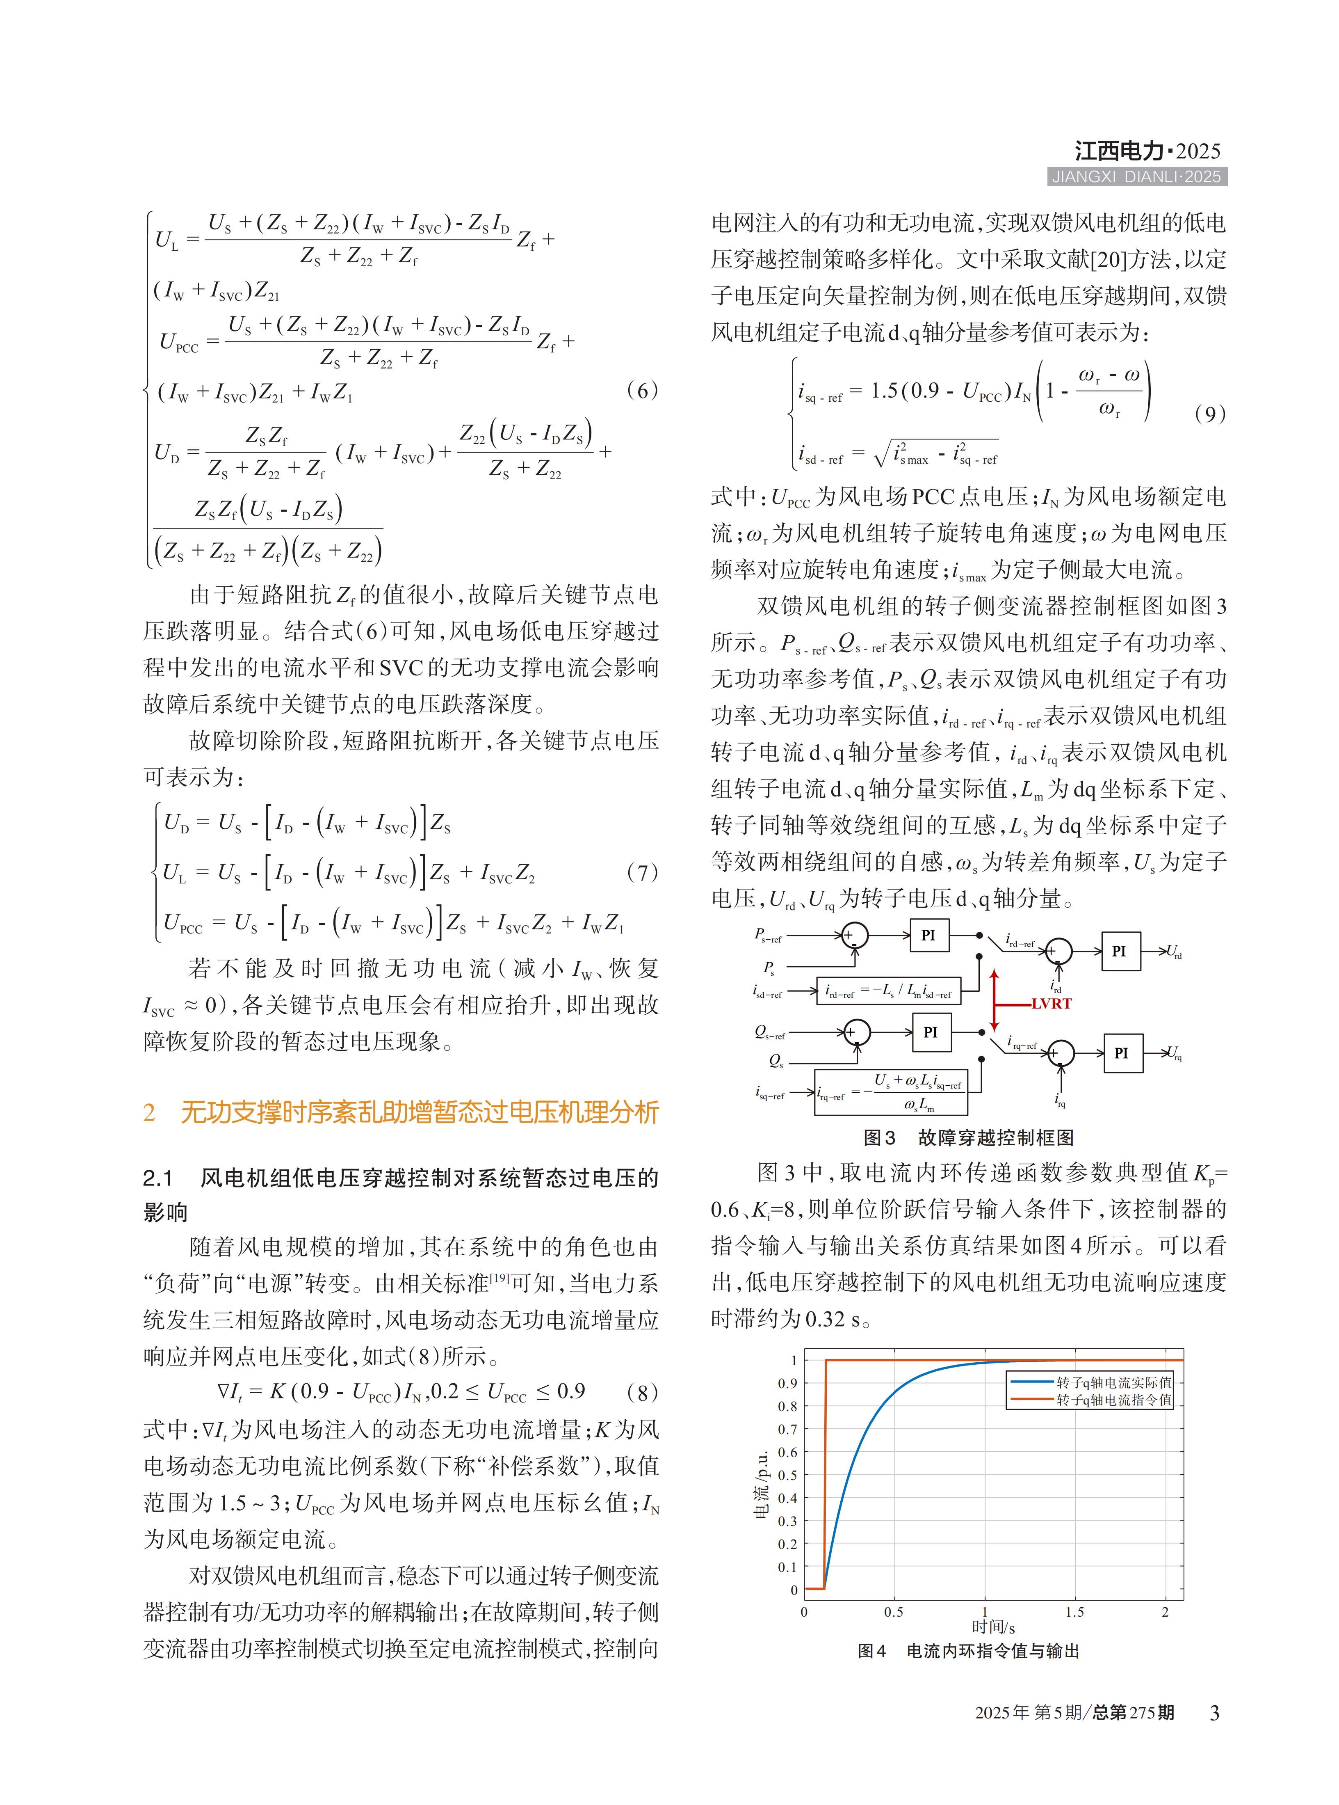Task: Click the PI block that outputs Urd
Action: (1119, 951)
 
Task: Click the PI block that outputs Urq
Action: (1122, 1053)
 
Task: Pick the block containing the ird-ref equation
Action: (888, 991)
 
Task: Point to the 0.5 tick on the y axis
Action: (787, 1475)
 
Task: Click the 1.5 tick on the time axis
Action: (1075, 1612)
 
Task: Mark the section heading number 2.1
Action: (158, 1177)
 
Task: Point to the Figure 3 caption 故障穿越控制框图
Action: (995, 1138)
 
